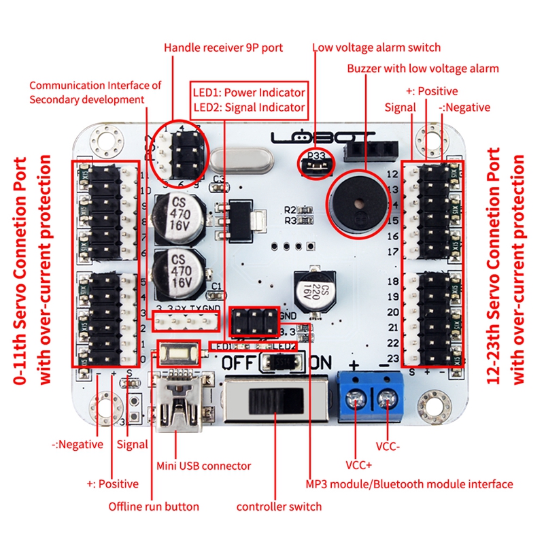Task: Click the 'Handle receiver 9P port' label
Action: pyautogui.click(x=223, y=48)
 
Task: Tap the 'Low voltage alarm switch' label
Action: pyautogui.click(x=376, y=48)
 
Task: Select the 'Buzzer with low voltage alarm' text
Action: pyautogui.click(x=423, y=69)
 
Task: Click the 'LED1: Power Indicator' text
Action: pyautogui.click(x=249, y=92)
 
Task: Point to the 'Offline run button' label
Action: pyautogui.click(x=154, y=507)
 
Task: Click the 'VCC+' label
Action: pyautogui.click(x=359, y=466)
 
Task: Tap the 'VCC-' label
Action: pyautogui.click(x=388, y=447)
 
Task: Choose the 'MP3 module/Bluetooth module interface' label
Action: pyautogui.click(x=408, y=484)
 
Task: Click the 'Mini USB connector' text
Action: pyautogui.click(x=204, y=466)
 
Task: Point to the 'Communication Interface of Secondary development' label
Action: pyautogui.click(x=95, y=92)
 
